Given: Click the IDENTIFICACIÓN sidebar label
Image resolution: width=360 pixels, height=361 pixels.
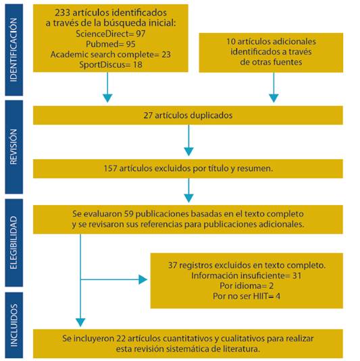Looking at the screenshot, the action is (x=14, y=50).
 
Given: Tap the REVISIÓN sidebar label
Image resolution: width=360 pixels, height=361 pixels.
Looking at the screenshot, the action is (x=14, y=146).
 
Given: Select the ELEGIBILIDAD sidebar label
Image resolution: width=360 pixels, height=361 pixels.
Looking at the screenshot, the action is (x=14, y=242).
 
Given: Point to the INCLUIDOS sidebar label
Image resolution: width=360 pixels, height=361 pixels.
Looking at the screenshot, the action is (x=14, y=325).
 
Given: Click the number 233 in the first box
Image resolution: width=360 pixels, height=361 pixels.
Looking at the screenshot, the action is (x=62, y=12).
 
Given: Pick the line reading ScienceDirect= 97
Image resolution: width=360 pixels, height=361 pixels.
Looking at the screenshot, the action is (x=111, y=34).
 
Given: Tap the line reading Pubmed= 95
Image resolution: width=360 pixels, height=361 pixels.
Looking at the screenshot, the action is (x=111, y=45).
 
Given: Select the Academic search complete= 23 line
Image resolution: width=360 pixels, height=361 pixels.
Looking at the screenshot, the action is (x=111, y=55).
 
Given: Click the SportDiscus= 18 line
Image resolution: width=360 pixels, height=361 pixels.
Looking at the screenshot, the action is (x=111, y=65).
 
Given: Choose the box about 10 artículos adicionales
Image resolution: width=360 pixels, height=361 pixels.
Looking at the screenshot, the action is (x=271, y=53).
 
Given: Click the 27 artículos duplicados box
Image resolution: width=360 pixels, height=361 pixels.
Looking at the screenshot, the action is (x=188, y=115).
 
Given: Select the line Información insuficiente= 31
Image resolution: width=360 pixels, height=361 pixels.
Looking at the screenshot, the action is (x=247, y=275).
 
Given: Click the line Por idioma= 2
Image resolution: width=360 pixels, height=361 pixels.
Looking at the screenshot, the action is (x=247, y=285).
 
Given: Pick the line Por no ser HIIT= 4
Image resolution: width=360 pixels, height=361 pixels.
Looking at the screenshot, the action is (x=247, y=296).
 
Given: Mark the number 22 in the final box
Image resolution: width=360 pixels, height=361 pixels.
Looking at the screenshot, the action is (x=121, y=339).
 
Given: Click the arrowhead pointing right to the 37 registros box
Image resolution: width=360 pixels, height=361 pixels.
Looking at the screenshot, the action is (x=143, y=279).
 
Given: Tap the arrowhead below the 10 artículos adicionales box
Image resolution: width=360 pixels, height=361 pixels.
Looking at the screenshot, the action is (x=274, y=98).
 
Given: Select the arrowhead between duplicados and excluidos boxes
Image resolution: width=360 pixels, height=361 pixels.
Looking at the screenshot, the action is (x=188, y=152).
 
